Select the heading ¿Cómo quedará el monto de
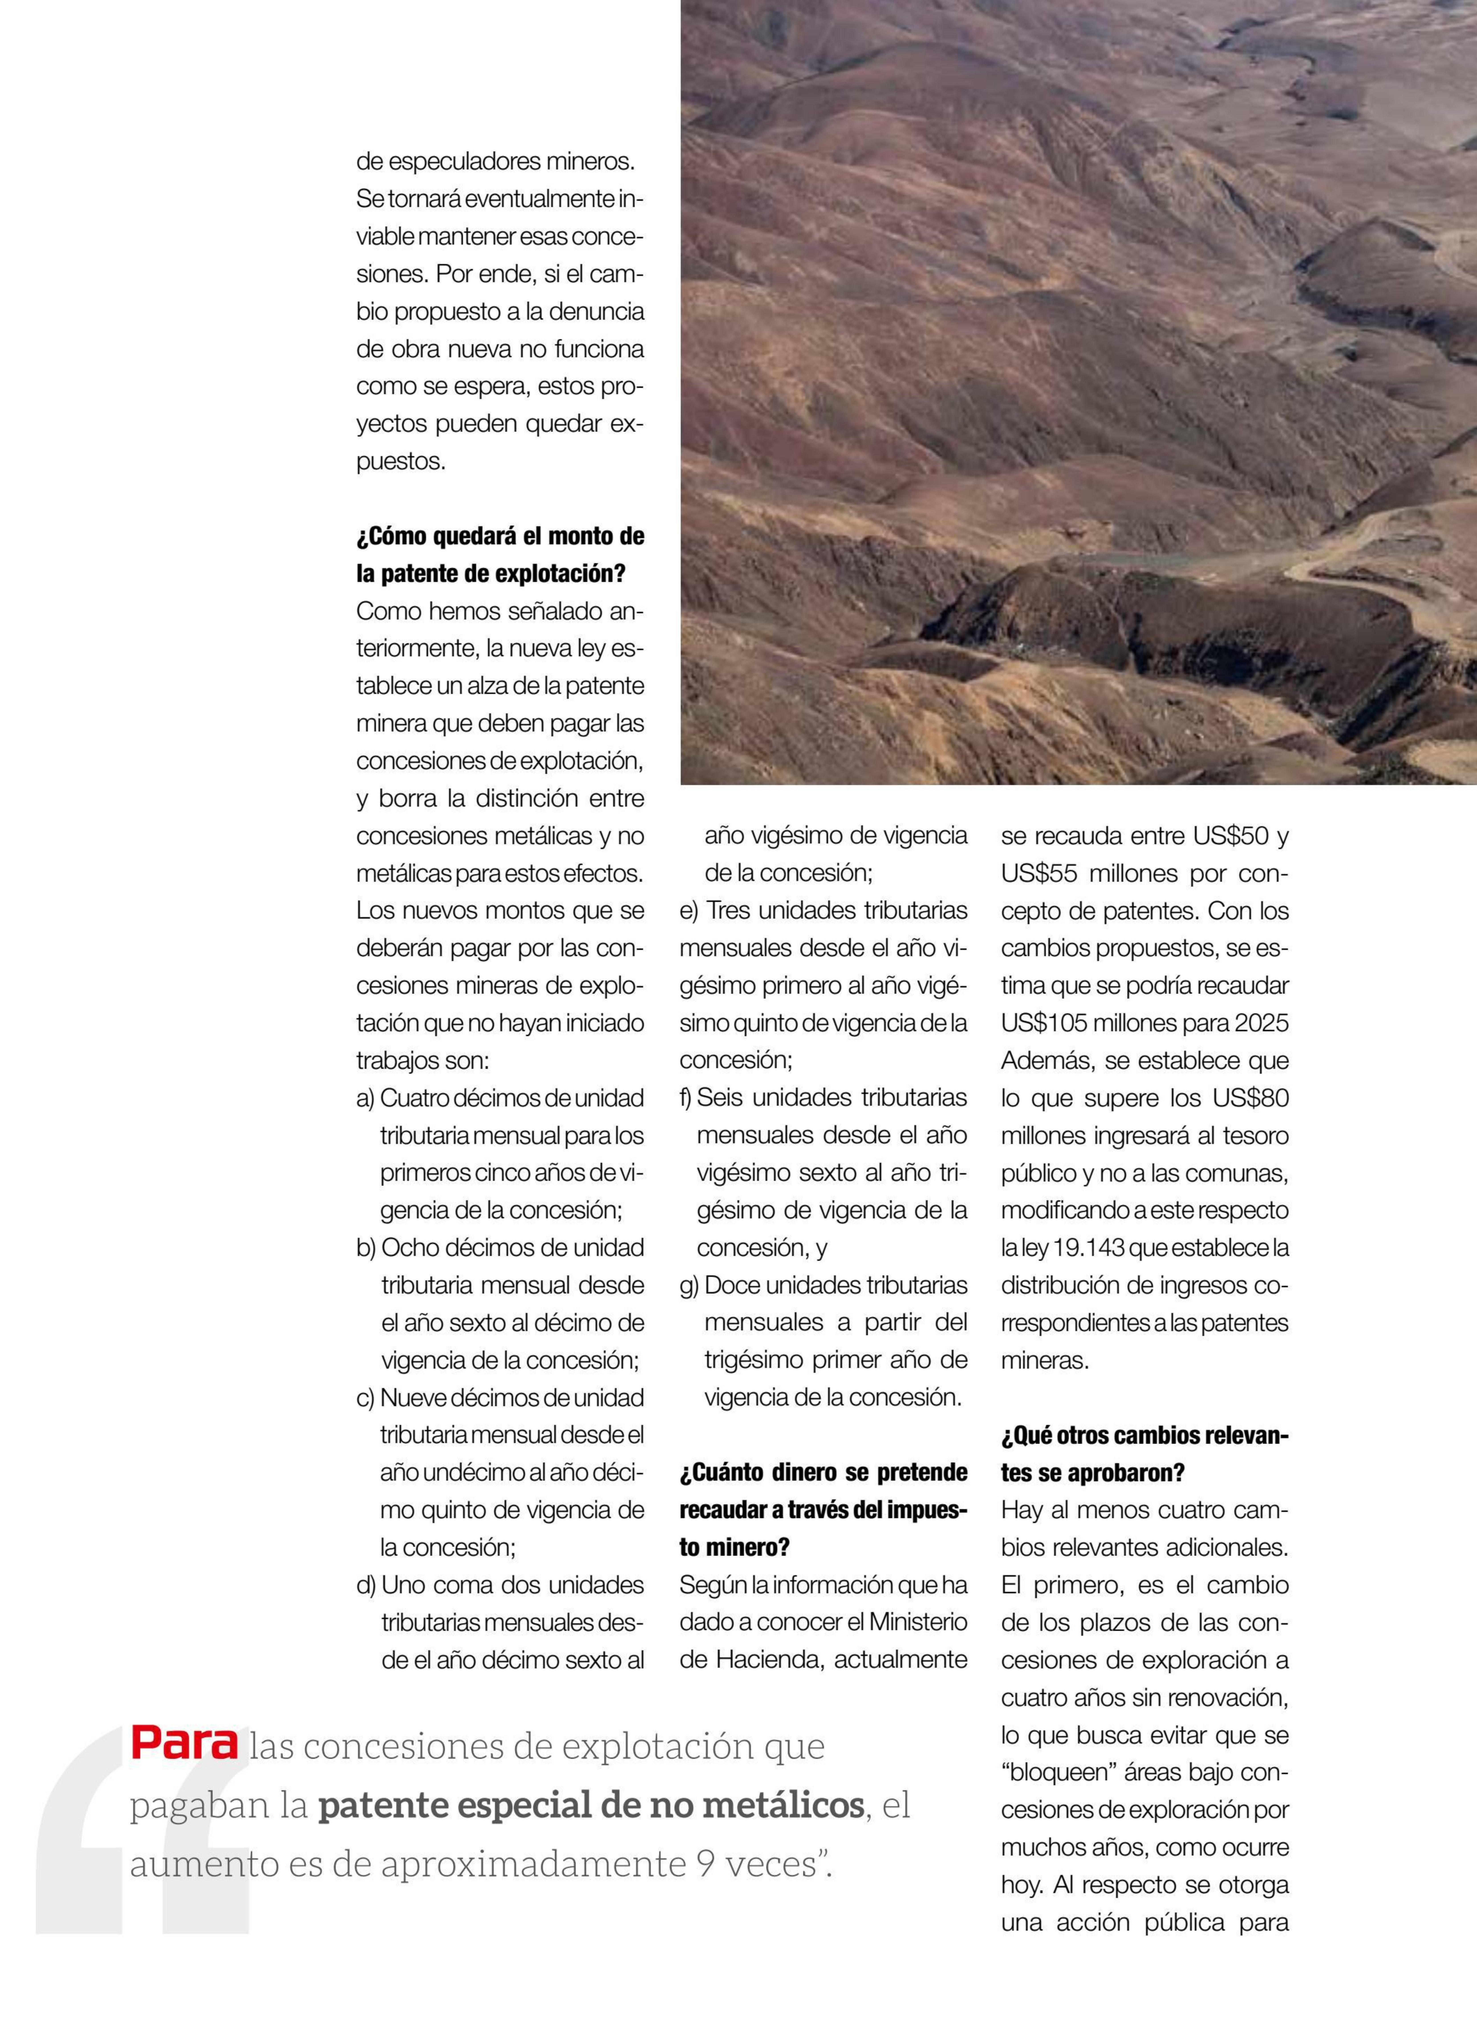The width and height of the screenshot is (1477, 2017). pos(500,536)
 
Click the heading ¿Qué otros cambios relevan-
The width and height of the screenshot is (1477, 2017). pos(1144,1436)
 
